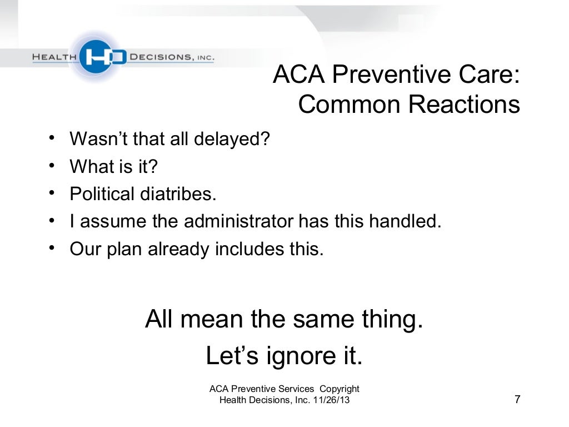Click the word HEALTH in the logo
coord(55,57)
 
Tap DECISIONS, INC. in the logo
coord(171,57)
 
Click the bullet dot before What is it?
coord(51,165)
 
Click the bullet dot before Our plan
coord(51,249)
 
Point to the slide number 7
coord(517,400)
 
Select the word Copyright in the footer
coord(338,389)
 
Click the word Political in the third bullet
coord(102,194)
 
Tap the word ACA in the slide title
coord(298,76)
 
